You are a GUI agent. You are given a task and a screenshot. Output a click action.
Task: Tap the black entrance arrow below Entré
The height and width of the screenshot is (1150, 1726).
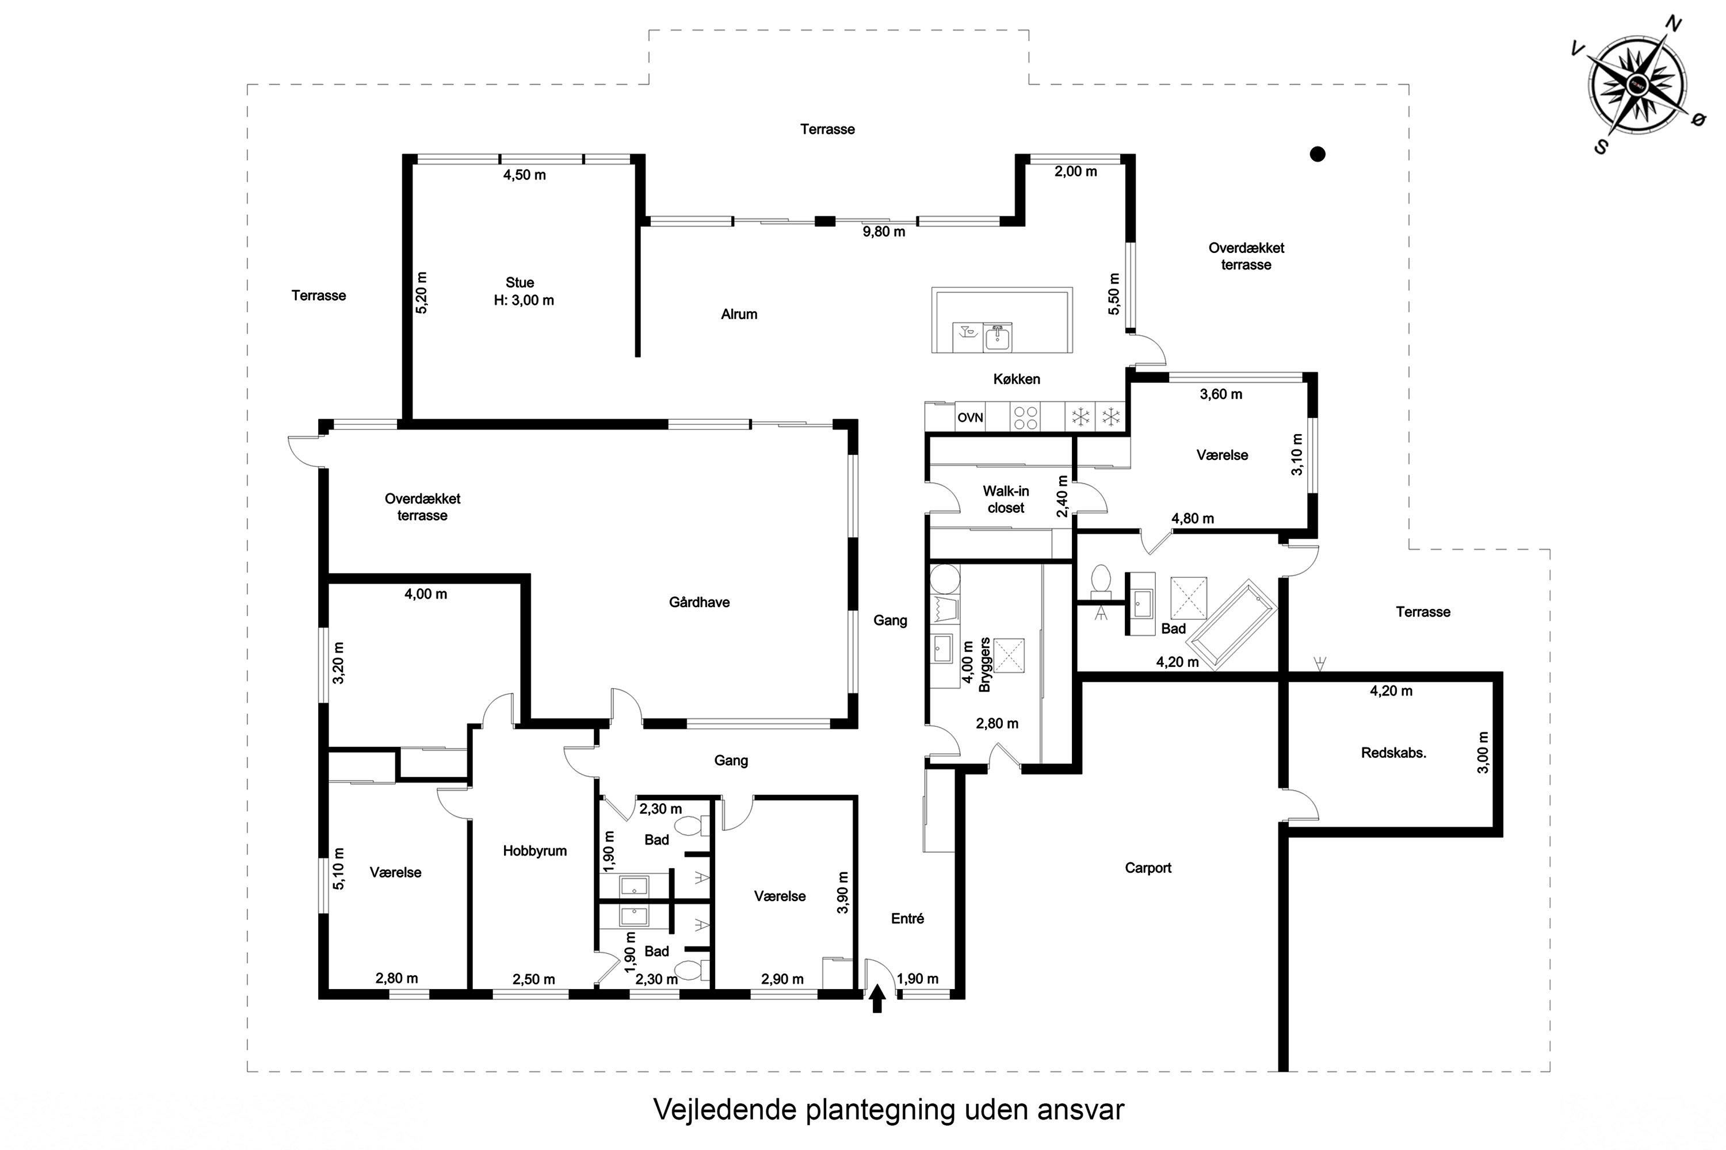[877, 998]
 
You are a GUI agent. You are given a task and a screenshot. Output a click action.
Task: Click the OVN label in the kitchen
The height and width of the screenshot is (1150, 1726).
[969, 417]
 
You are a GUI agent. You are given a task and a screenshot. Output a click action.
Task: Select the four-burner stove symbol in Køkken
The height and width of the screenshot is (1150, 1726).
[1025, 417]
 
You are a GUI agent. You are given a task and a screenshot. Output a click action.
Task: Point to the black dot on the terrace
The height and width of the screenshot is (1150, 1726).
[1318, 154]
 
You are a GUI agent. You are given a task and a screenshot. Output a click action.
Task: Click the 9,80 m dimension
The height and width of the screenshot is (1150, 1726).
[884, 232]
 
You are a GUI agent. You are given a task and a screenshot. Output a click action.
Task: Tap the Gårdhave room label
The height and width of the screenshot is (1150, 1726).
[698, 602]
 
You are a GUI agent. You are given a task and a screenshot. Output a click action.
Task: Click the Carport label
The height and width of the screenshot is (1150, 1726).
[1148, 868]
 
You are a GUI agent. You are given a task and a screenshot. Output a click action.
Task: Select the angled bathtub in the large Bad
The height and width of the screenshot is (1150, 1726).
[1233, 626]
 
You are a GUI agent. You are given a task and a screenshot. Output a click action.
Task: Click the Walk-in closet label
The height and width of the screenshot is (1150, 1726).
[1005, 500]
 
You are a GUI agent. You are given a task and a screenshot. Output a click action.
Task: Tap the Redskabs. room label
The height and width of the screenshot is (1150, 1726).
[1393, 753]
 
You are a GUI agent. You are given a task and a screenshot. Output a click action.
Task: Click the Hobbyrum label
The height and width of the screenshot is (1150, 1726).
[534, 851]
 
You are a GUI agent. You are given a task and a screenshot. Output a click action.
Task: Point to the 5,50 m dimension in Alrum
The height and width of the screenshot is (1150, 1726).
[1114, 294]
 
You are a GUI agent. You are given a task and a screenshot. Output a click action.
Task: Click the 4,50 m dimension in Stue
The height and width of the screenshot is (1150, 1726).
[524, 175]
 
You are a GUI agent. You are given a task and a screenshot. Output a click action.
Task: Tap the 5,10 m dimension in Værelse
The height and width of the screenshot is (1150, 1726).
[338, 868]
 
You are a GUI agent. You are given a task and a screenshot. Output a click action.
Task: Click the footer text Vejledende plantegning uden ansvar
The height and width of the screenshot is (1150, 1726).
[888, 1109]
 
